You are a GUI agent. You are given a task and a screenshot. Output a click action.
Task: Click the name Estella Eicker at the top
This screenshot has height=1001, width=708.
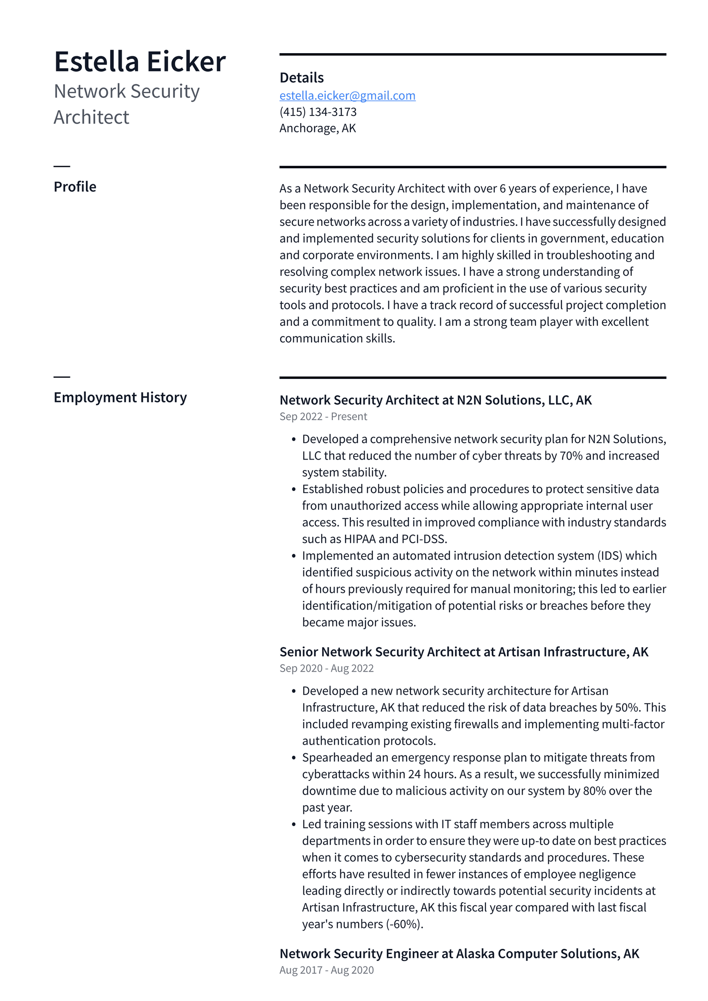pyautogui.click(x=139, y=62)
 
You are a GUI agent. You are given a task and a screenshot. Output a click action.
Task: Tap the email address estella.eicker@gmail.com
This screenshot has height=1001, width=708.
pyautogui.click(x=347, y=96)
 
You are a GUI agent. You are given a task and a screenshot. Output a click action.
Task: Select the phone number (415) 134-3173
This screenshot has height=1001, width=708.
pyautogui.click(x=318, y=112)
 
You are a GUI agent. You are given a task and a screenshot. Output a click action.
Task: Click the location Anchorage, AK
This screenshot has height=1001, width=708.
pyautogui.click(x=317, y=128)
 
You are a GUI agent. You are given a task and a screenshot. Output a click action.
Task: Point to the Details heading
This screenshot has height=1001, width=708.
pyautogui.click(x=301, y=78)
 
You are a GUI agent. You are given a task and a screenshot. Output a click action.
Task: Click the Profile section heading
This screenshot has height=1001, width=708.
pyautogui.click(x=75, y=187)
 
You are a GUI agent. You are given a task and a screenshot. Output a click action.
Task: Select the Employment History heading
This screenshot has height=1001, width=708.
pyautogui.click(x=120, y=398)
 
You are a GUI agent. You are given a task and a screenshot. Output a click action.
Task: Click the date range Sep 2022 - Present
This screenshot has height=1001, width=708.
pyautogui.click(x=323, y=417)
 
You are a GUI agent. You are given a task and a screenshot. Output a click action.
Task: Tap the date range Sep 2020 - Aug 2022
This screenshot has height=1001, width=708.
pyautogui.click(x=326, y=669)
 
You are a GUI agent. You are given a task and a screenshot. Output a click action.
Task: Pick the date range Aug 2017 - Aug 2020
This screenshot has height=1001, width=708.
pyautogui.click(x=326, y=970)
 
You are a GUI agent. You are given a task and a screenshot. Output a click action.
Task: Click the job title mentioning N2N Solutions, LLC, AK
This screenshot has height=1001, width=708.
pyautogui.click(x=435, y=400)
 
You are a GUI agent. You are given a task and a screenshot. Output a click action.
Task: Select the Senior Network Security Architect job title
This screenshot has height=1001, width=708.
pyautogui.click(x=464, y=652)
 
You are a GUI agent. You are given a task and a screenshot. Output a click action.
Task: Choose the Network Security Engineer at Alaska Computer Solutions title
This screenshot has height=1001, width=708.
pyautogui.click(x=459, y=954)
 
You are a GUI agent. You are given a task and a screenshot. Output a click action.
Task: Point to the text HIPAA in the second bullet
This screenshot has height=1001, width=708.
pyautogui.click(x=359, y=539)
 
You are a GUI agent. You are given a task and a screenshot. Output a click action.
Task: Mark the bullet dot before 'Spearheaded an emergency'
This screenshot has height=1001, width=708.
pyautogui.click(x=293, y=758)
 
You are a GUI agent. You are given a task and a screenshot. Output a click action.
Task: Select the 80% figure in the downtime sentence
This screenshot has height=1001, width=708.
pyautogui.click(x=594, y=791)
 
